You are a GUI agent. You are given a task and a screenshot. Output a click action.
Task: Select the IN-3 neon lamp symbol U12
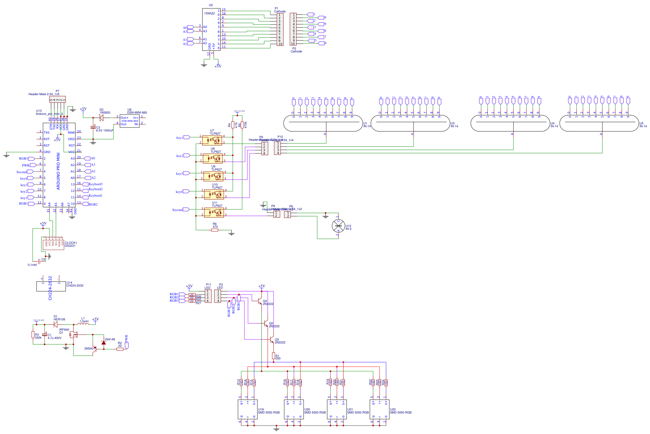[x=338, y=226]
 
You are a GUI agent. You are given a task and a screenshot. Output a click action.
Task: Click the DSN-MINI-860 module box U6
[x=130, y=121]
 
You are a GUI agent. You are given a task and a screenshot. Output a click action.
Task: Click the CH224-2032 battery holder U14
[x=51, y=286]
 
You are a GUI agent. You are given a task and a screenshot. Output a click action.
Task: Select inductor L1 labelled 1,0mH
[x=83, y=323]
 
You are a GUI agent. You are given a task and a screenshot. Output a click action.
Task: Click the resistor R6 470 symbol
[x=215, y=230]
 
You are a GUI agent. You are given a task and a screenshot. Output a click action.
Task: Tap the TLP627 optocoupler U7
[x=212, y=140]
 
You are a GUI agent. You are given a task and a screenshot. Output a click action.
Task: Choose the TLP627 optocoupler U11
[x=214, y=213]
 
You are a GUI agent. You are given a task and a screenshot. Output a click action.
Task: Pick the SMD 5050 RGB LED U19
[x=248, y=409]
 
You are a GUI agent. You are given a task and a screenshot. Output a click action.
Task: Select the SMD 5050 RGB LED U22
[x=379, y=409]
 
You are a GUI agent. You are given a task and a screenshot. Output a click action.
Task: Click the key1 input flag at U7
[x=186, y=137]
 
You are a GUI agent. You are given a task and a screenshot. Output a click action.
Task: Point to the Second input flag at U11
[x=186, y=209]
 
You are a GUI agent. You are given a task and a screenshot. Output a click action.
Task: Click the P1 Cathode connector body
[x=280, y=29]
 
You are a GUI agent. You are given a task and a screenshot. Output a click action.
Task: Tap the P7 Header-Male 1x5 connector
[x=58, y=99]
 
